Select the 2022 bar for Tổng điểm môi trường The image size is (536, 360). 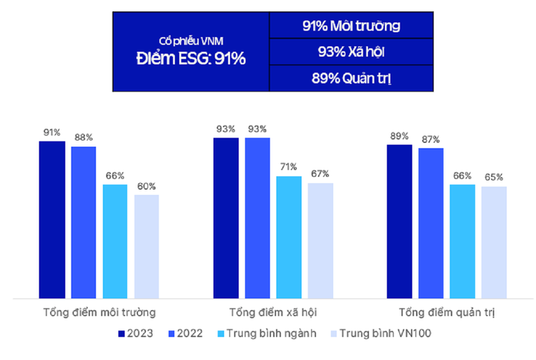(x=83, y=222)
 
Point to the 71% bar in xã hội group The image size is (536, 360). (x=288, y=237)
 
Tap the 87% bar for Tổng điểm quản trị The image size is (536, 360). (x=431, y=223)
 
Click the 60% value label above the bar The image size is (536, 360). (x=147, y=187)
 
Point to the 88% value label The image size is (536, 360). (x=83, y=138)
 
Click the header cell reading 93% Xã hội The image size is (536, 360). (x=351, y=52)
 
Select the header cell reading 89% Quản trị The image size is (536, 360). (x=351, y=78)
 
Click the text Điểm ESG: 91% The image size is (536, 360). (x=191, y=59)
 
